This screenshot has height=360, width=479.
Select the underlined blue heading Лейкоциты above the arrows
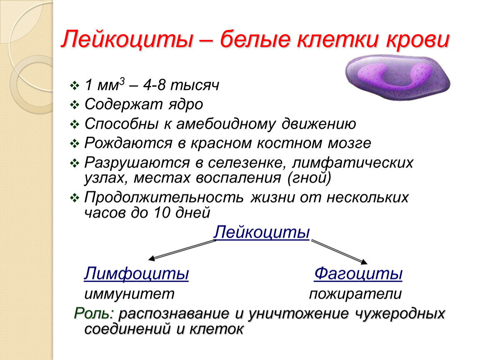pyautogui.click(x=262, y=232)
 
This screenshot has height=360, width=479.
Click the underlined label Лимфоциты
pyautogui.click(x=136, y=273)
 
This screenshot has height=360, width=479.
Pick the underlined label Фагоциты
pyautogui.click(x=358, y=273)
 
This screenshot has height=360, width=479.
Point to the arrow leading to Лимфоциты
pyautogui.click(x=182, y=250)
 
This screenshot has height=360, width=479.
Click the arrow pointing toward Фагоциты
pyautogui.click(x=339, y=252)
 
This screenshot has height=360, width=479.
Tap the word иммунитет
pyautogui.click(x=129, y=294)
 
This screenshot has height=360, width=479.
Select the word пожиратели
pyautogui.click(x=355, y=294)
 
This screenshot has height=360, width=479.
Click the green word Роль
pyautogui.click(x=94, y=314)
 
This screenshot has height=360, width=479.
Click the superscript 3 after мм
pyautogui.click(x=122, y=81)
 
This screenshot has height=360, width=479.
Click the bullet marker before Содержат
pyautogui.click(x=75, y=105)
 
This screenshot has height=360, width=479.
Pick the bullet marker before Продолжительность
pyautogui.click(x=75, y=198)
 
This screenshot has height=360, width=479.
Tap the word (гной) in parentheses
pyautogui.click(x=309, y=178)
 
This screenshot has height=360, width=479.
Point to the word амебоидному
pyautogui.click(x=226, y=124)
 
